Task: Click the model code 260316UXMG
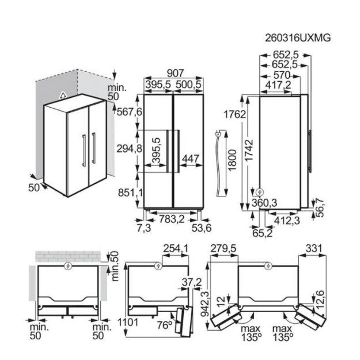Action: click(298, 38)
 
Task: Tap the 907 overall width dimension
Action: click(176, 73)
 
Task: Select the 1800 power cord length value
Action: click(232, 160)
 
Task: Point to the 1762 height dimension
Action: click(234, 114)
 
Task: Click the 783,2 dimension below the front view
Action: click(172, 219)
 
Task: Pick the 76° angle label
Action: click(165, 325)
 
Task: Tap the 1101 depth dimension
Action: click(128, 323)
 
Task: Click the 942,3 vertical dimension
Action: click(205, 304)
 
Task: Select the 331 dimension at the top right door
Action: click(314, 248)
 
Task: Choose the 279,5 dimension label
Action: click(223, 248)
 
